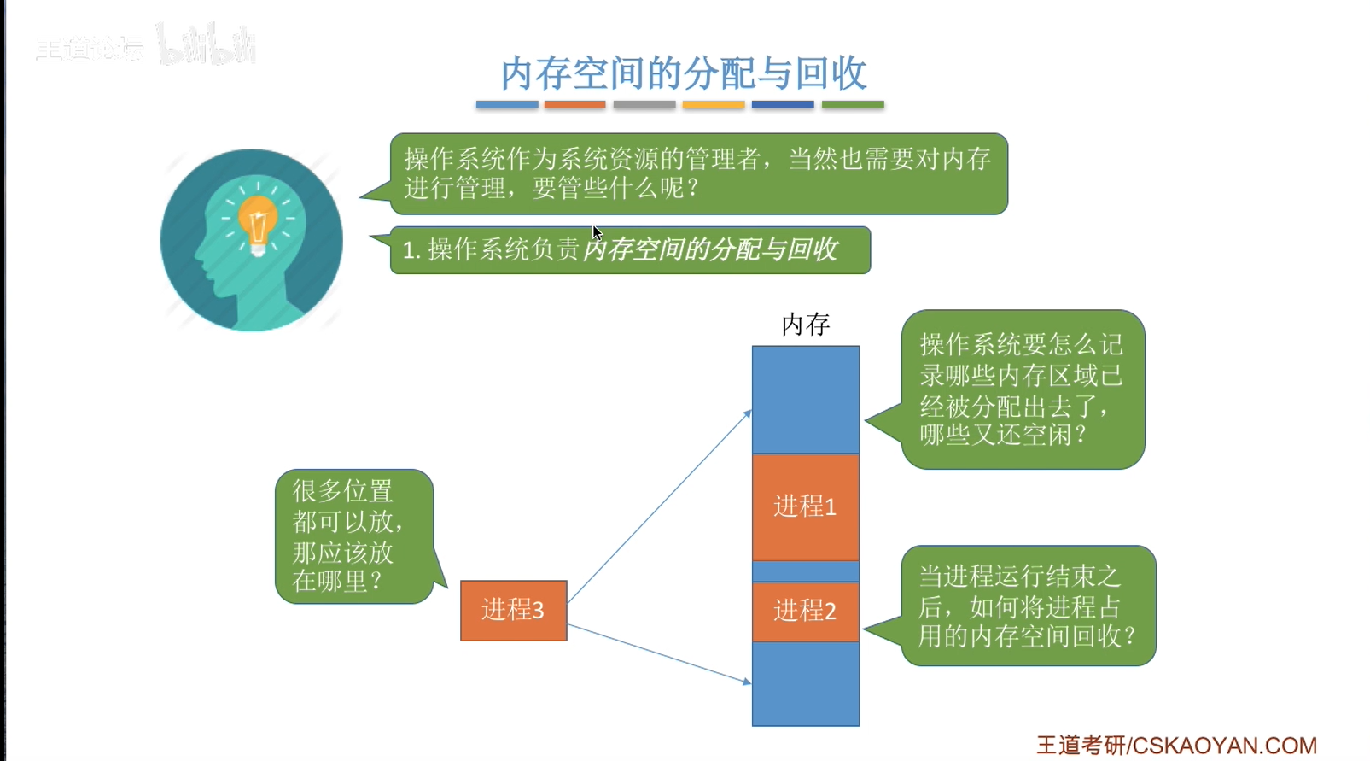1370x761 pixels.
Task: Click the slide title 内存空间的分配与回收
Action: (x=684, y=73)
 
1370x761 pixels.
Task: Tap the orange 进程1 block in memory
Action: (x=805, y=506)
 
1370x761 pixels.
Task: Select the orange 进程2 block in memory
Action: (x=805, y=611)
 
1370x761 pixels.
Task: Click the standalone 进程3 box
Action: (x=513, y=610)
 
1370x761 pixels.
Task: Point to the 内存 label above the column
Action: (x=805, y=325)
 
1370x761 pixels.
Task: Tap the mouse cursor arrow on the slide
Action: (x=597, y=233)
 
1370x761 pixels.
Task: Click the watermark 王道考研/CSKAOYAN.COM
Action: (x=1176, y=746)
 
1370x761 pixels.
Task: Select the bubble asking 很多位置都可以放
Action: (x=353, y=536)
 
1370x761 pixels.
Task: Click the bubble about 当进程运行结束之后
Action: (x=1028, y=606)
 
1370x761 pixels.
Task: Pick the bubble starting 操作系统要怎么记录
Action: (x=1022, y=389)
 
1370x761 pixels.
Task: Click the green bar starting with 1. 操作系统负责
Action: (x=630, y=249)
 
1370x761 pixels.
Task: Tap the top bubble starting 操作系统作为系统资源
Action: (x=698, y=173)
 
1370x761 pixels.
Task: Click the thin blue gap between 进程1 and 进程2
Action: (x=805, y=571)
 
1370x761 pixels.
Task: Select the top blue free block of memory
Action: (x=805, y=399)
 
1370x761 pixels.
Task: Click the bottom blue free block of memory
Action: (x=805, y=683)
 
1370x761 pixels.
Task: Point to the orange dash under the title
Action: (x=574, y=105)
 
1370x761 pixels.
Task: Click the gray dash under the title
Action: (x=644, y=105)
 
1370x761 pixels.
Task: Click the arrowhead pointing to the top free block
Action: (x=748, y=413)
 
